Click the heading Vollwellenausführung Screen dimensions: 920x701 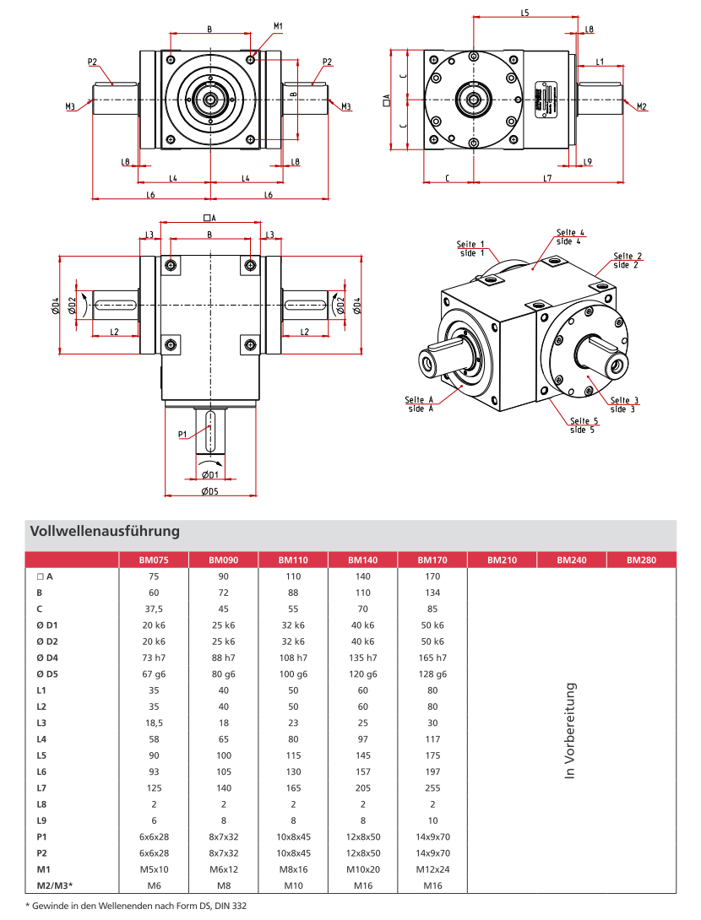coord(105,532)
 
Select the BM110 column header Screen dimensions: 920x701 coord(292,560)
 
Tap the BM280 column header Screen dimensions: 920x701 coord(641,560)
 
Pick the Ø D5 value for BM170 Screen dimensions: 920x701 coord(432,674)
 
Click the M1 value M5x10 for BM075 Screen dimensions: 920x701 coord(154,869)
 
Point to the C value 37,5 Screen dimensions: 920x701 coord(154,609)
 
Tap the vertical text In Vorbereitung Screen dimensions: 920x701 coord(570,731)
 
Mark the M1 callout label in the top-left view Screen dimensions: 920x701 coord(278,27)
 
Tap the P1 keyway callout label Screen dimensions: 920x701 coord(182,435)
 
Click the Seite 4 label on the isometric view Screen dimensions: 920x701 coord(570,236)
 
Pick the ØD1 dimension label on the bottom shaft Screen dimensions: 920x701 coord(209,474)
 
